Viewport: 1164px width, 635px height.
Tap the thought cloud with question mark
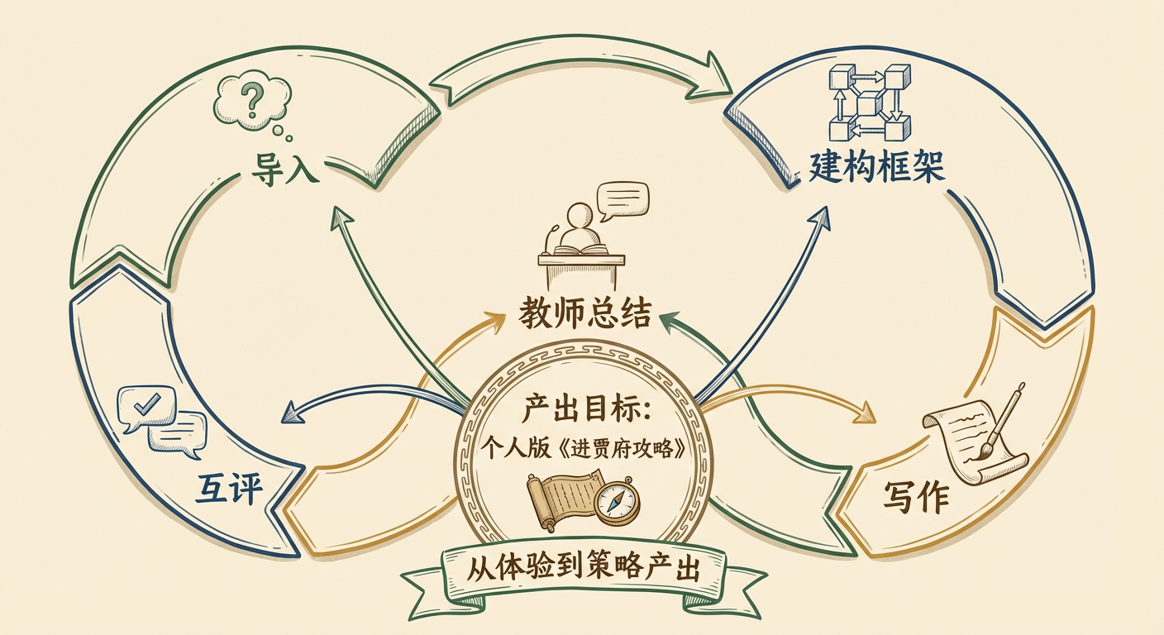[x=253, y=103]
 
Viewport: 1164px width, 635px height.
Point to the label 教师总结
[x=585, y=314]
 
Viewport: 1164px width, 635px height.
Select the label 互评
[x=228, y=489]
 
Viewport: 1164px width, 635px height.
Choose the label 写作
[x=915, y=497]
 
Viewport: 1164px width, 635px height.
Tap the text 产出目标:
[x=583, y=409]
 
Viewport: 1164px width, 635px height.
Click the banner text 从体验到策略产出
[x=584, y=570]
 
